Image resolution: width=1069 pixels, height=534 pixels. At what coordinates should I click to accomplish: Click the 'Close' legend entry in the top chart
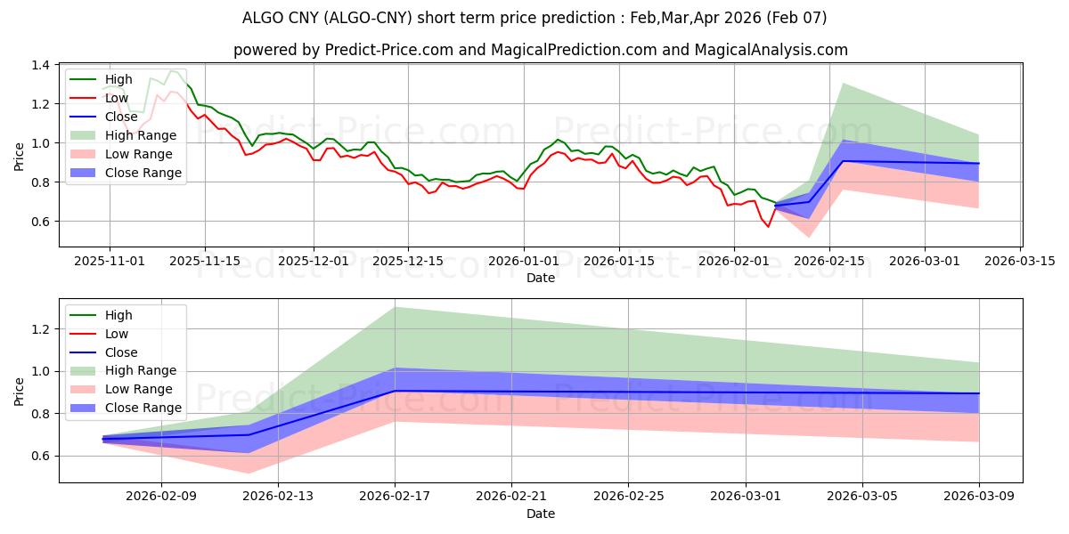tap(121, 117)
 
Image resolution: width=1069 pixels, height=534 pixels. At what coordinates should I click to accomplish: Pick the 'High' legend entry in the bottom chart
tap(118, 315)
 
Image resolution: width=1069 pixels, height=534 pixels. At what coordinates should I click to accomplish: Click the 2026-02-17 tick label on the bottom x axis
tap(395, 497)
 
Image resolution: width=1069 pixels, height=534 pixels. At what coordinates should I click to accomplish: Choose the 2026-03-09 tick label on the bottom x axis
tap(979, 497)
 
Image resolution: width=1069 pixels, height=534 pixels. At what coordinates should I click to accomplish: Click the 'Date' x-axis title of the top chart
tap(541, 278)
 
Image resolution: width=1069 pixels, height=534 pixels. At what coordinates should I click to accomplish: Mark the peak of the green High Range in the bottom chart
tap(395, 307)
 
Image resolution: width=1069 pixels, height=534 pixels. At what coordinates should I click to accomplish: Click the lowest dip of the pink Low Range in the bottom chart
tap(249, 473)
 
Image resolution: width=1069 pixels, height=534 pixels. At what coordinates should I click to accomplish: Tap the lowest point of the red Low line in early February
tap(768, 227)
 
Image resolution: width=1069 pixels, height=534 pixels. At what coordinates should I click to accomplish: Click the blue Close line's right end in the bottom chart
tap(979, 393)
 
